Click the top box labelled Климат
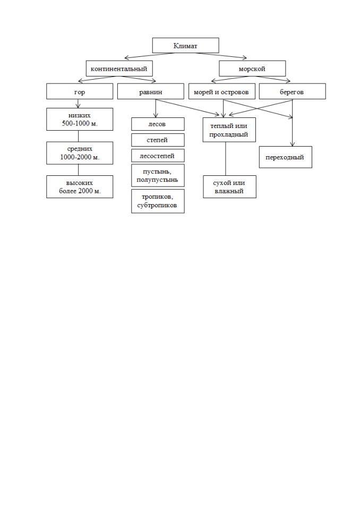click(x=185, y=46)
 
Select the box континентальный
click(x=119, y=69)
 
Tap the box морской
click(x=252, y=69)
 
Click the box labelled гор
click(x=80, y=92)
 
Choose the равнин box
click(x=151, y=92)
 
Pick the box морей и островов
click(x=221, y=92)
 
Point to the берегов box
click(x=293, y=92)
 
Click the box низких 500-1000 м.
click(x=80, y=120)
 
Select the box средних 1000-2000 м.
click(x=80, y=153)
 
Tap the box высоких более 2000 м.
click(x=80, y=187)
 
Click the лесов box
click(x=158, y=124)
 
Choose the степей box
click(x=158, y=140)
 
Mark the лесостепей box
click(x=158, y=156)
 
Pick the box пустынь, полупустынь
click(x=158, y=175)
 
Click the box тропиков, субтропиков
click(x=158, y=201)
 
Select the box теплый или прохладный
click(x=229, y=130)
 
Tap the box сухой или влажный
click(x=229, y=186)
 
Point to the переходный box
click(x=286, y=157)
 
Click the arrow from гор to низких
click(x=78, y=104)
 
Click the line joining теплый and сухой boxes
click(x=226, y=159)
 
